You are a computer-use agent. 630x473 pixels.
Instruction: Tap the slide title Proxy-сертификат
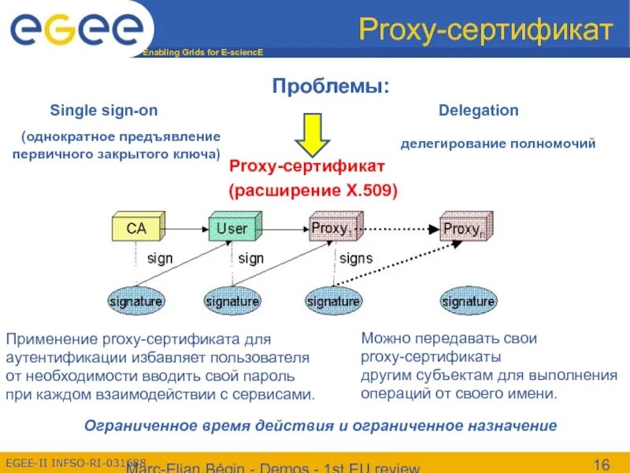(485, 30)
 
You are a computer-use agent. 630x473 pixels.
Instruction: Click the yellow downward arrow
(313, 133)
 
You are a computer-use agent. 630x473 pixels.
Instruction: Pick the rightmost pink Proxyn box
(465, 228)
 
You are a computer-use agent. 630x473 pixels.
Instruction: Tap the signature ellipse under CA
(135, 300)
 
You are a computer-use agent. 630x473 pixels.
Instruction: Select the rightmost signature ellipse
(469, 300)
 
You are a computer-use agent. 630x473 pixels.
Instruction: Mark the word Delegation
(478, 110)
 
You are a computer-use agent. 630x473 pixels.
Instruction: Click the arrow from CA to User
(186, 229)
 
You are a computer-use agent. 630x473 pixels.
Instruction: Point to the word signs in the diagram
(356, 258)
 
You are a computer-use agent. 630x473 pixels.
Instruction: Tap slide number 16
(602, 462)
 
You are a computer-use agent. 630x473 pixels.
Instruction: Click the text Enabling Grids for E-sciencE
(202, 52)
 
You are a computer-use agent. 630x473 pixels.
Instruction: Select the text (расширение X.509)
(313, 190)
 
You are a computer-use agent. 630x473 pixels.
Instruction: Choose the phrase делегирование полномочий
(498, 143)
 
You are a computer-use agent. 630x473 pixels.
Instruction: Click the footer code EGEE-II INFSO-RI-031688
(76, 461)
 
